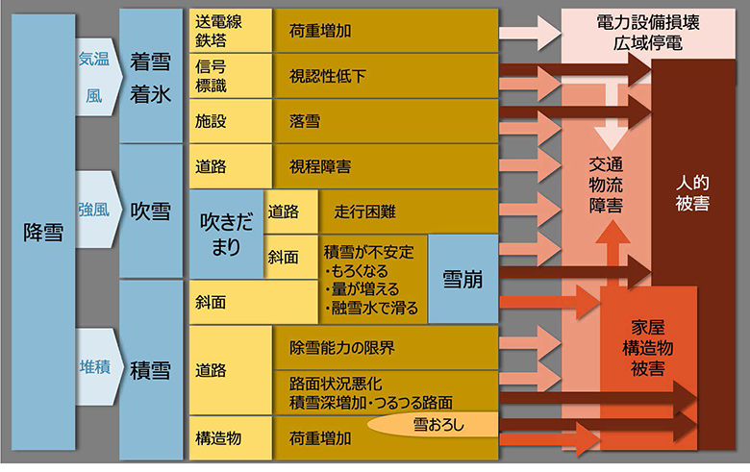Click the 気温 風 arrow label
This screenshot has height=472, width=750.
coord(93,76)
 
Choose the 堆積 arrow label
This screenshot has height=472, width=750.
coord(93,368)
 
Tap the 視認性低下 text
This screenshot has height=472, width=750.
coord(327,75)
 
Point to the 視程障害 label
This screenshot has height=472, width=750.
coord(319,166)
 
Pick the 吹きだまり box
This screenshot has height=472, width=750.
coord(225,234)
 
